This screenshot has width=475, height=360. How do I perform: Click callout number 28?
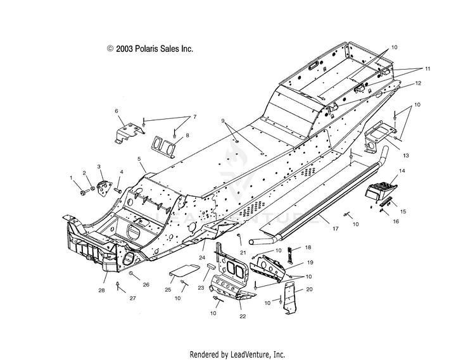101,290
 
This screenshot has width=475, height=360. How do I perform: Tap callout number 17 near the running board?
335,228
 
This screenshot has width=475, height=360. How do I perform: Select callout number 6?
117,111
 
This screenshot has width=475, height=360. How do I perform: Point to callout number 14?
402,171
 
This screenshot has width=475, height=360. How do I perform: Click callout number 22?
243,316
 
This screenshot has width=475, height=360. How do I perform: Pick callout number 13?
406,156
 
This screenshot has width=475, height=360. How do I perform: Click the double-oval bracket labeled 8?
163,146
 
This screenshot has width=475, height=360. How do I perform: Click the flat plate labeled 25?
184,270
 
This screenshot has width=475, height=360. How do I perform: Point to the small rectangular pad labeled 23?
211,266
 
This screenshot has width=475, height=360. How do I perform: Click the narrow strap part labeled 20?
290,298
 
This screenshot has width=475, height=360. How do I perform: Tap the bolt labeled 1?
82,193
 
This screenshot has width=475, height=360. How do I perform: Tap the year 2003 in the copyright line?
125,49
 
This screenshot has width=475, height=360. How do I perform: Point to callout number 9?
223,121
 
